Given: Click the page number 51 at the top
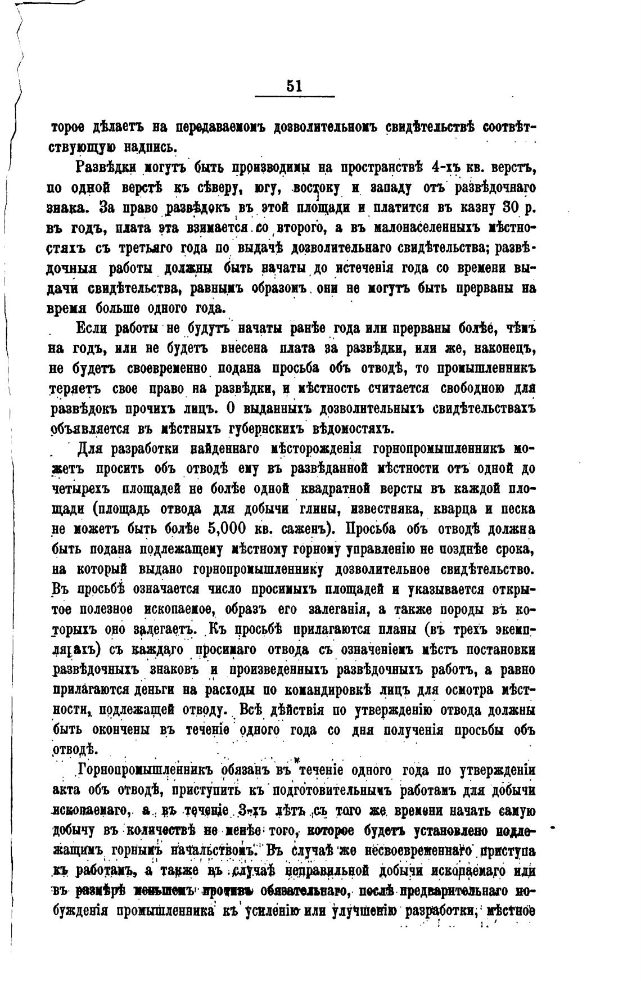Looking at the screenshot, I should click(x=294, y=85).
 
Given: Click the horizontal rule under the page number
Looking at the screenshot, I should click(x=294, y=97).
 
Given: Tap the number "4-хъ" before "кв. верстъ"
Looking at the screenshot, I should click(x=445, y=168).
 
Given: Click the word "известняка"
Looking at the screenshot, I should click(x=386, y=510).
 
